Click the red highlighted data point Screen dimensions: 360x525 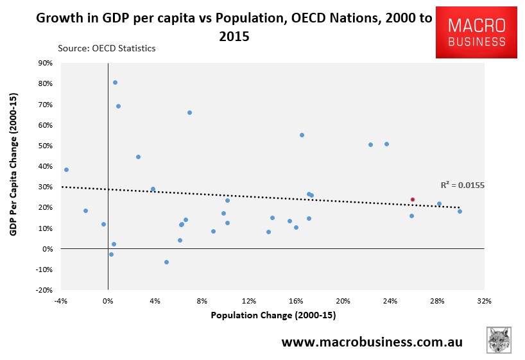[413, 200]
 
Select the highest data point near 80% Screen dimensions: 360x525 [115, 82]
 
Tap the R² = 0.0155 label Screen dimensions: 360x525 [462, 185]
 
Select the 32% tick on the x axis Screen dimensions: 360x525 [484, 301]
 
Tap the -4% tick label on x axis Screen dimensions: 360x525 [61, 301]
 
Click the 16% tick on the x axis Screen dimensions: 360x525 [296, 301]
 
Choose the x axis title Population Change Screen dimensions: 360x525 [273, 316]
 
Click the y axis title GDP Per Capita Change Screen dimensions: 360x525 [13, 176]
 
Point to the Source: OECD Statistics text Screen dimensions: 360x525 [107, 48]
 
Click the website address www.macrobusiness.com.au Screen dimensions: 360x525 [372, 341]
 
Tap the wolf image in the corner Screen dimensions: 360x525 [499, 340]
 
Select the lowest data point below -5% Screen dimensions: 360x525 [166, 262]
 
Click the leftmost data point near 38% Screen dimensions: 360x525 [66, 169]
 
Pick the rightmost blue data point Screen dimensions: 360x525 [460, 211]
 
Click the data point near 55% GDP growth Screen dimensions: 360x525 [302, 135]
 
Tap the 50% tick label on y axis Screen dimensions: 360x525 [45, 146]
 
